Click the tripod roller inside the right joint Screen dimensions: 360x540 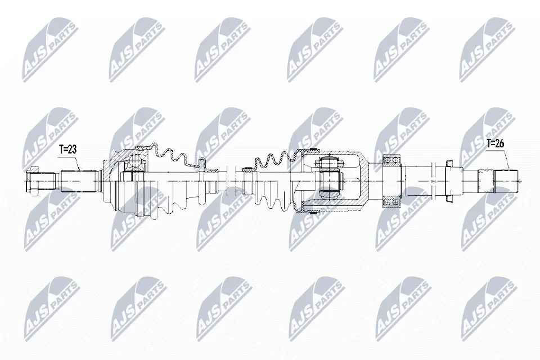(x=330, y=180)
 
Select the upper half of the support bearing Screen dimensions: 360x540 (x=391, y=163)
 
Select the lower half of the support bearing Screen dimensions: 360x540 (x=391, y=199)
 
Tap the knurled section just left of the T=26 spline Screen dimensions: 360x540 (x=485, y=180)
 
